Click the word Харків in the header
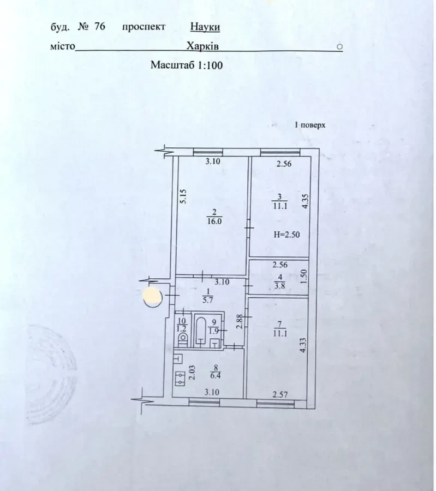tap(202, 46)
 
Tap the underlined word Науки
tap(205, 26)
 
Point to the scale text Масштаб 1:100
tap(187, 65)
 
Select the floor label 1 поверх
tap(309, 125)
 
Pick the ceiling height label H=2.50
tap(286, 235)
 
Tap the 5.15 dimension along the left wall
tap(183, 196)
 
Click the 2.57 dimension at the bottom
tap(280, 394)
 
